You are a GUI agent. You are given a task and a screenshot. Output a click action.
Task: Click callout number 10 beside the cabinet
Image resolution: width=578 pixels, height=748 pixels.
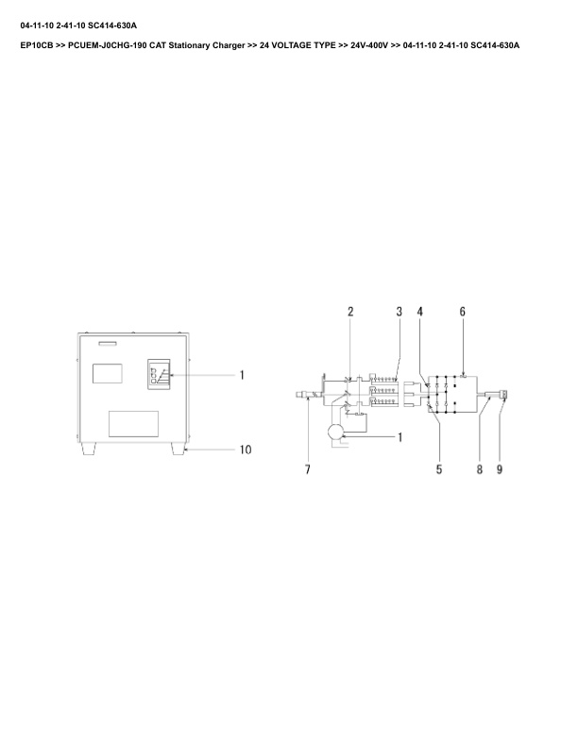[x=245, y=450]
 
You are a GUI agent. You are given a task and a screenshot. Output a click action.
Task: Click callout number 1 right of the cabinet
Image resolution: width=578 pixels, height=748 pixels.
[x=242, y=375]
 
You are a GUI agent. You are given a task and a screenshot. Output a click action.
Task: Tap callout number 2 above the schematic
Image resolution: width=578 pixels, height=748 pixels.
[x=350, y=312]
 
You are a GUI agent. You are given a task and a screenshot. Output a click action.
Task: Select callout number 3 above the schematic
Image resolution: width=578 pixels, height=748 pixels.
[x=399, y=312]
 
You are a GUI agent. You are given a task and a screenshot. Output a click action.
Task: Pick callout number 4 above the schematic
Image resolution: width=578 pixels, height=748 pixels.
[x=420, y=312]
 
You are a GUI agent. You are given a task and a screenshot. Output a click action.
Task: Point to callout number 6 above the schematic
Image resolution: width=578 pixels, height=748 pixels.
[x=462, y=312]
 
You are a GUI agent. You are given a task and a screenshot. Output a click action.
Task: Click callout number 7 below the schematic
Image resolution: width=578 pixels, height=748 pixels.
[x=307, y=469]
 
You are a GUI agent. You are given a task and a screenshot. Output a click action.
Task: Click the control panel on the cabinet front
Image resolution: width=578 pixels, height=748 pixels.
[x=159, y=374]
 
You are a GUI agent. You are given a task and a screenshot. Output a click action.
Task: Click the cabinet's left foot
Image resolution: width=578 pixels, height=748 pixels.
[x=90, y=450]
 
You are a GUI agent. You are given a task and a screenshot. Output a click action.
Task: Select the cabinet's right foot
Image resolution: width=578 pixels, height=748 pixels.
[x=178, y=450]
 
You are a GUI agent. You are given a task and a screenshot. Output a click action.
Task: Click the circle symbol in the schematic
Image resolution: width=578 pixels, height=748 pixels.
[x=333, y=432]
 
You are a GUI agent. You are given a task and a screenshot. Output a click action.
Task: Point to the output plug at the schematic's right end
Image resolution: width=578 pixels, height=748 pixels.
[x=504, y=399]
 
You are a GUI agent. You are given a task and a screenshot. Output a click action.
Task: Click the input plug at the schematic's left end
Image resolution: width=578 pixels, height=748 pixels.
[x=303, y=399]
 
